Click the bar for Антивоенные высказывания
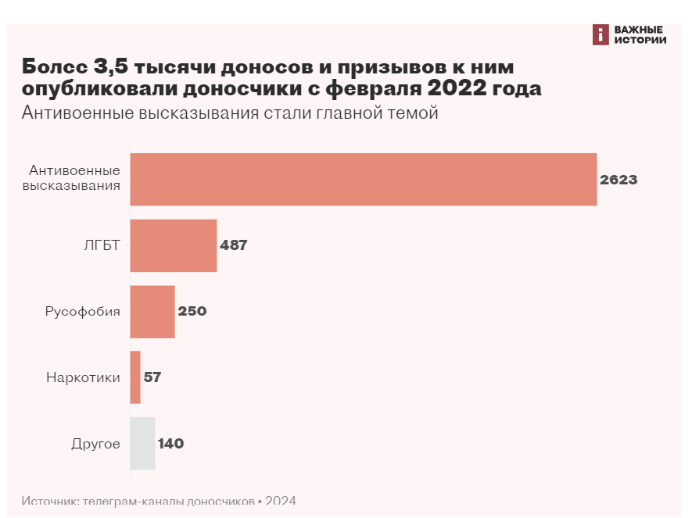point(363,180)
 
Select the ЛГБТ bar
point(173,245)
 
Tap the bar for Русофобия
point(152,311)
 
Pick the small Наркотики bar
point(135,377)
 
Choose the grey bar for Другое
point(142,444)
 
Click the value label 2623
point(618,180)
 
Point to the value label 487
point(233,245)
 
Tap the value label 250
point(192,311)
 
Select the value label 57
point(152,377)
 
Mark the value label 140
point(170,444)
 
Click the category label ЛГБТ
point(102,245)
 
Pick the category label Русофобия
point(82,311)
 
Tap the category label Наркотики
point(83,377)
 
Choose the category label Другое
point(95,444)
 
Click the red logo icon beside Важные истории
point(601,34)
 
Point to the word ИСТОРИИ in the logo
point(640,40)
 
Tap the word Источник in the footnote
point(49,501)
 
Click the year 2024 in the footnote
point(281,501)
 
